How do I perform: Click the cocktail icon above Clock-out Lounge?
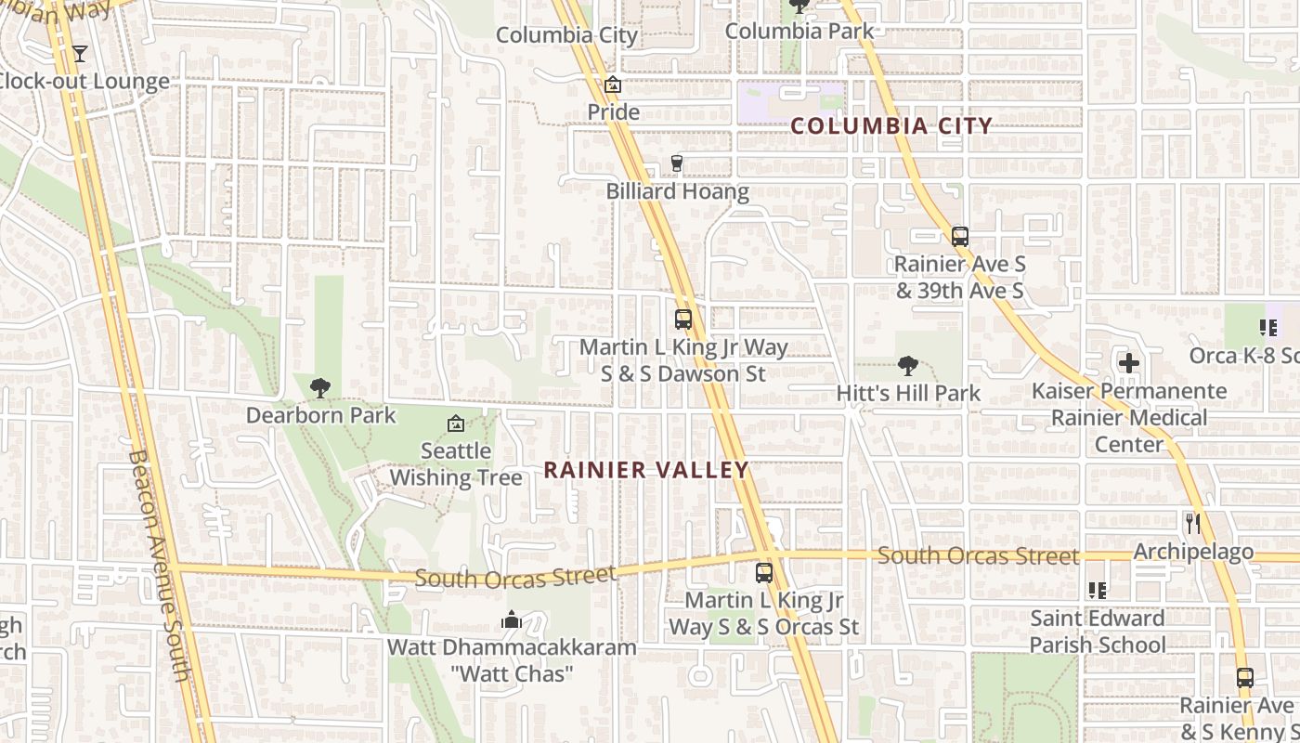(x=80, y=53)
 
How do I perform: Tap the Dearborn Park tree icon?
(x=320, y=387)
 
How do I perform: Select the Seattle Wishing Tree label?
(x=456, y=464)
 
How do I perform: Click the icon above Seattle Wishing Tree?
(x=456, y=424)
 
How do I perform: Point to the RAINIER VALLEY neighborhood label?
(x=646, y=470)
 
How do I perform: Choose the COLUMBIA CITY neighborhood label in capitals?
(x=891, y=126)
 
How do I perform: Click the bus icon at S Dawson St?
(x=683, y=319)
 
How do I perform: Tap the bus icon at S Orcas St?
(x=764, y=572)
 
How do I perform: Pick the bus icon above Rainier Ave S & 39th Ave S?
(x=960, y=236)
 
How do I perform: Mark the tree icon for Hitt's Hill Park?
(x=908, y=366)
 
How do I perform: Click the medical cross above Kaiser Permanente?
(x=1129, y=363)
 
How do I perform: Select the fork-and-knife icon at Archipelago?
(x=1193, y=524)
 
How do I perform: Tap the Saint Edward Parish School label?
(x=1097, y=631)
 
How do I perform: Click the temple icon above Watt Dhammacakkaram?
(x=512, y=619)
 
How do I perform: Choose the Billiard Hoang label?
(x=678, y=192)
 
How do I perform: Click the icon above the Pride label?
(x=613, y=85)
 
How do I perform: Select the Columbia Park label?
(x=799, y=31)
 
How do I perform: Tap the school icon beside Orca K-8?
(x=1268, y=327)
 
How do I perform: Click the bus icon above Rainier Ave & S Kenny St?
(x=1245, y=678)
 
